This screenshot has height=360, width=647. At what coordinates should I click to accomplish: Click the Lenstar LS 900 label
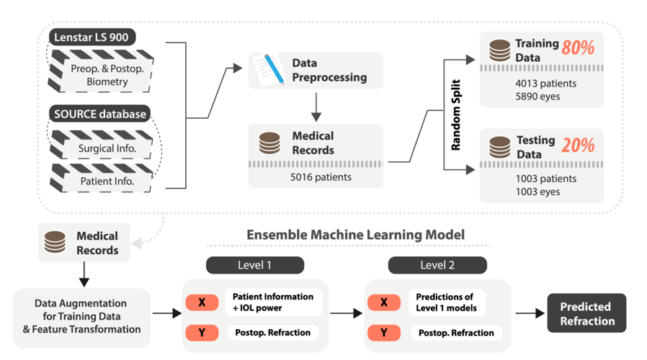[x=93, y=37]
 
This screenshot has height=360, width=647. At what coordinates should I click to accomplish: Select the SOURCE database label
[x=99, y=114]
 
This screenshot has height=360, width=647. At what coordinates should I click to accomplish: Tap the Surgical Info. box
[x=107, y=149]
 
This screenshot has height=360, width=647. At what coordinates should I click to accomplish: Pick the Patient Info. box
[x=107, y=181]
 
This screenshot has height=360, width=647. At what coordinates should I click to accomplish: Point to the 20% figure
[x=578, y=145]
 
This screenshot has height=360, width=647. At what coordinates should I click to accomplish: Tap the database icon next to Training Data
[x=499, y=50]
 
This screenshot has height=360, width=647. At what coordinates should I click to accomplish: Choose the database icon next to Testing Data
[x=499, y=147]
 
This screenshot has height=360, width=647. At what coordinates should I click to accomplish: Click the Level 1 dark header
[x=254, y=265]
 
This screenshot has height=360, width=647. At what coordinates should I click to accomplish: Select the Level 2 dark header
[x=437, y=265]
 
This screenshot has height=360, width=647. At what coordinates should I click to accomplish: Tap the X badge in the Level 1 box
[x=202, y=302]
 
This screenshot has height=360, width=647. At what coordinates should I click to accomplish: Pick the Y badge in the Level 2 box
[x=384, y=333]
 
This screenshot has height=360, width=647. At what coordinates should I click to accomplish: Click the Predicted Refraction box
[x=586, y=313]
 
